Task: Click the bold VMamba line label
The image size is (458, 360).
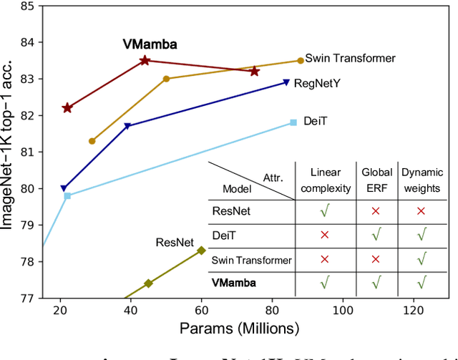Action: [x=150, y=44]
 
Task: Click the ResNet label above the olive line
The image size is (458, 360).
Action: [x=175, y=242]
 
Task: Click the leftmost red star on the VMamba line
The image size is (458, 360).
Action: [x=67, y=108]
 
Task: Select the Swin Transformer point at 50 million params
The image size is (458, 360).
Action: [x=167, y=79]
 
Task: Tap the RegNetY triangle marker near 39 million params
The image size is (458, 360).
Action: [x=127, y=127]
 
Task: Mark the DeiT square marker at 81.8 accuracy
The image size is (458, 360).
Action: [x=293, y=122]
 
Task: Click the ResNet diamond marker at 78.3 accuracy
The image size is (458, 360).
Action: [x=202, y=250]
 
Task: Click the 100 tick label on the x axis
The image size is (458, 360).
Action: [x=343, y=309]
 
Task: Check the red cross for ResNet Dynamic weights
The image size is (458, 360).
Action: [x=421, y=211]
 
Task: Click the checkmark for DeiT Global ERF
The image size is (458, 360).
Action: [x=376, y=235]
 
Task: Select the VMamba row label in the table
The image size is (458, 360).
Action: [x=234, y=283]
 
